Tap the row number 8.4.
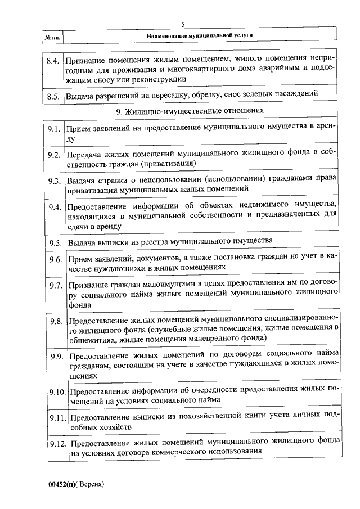tap(53, 60)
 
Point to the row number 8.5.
tap(53, 96)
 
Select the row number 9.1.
tap(54, 129)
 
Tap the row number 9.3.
tap(54, 181)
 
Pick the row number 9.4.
tap(54, 206)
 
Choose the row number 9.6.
tap(54, 259)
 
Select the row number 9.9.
tap(55, 357)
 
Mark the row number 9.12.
tap(56, 443)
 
